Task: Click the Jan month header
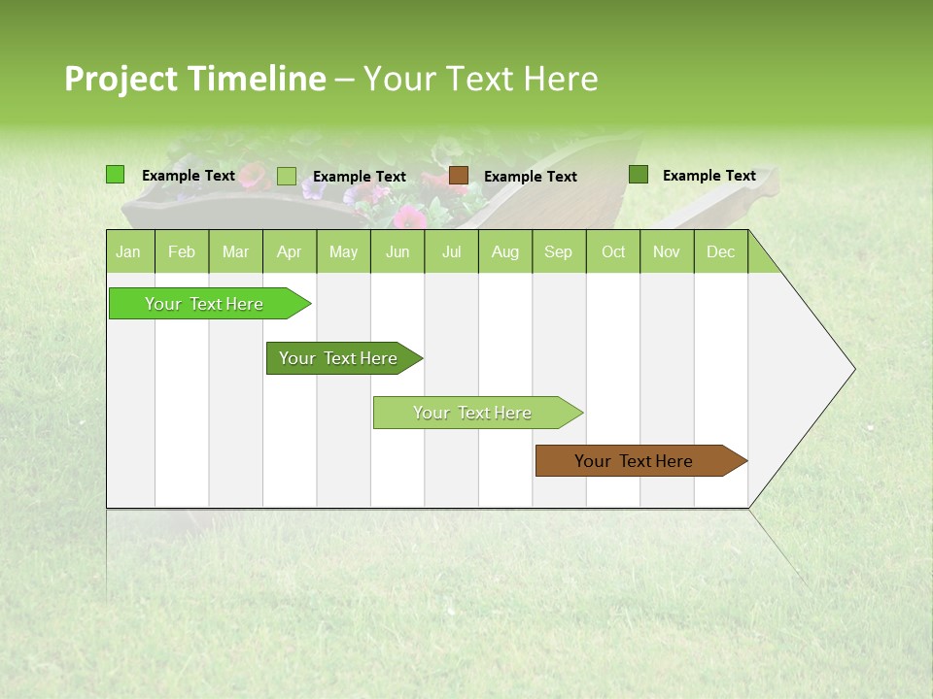coord(128,251)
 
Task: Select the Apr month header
coord(289,251)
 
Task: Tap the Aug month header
coord(504,251)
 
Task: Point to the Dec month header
coord(720,251)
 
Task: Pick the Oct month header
coord(613,251)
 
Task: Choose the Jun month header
coord(397,251)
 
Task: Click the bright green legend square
coord(115,175)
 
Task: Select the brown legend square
coord(459,176)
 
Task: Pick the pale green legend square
coord(287,176)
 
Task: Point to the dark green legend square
coord(638,175)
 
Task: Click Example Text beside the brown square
coord(530,177)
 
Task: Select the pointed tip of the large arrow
coord(852,369)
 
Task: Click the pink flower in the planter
coord(409,216)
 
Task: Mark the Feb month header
coord(182,251)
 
